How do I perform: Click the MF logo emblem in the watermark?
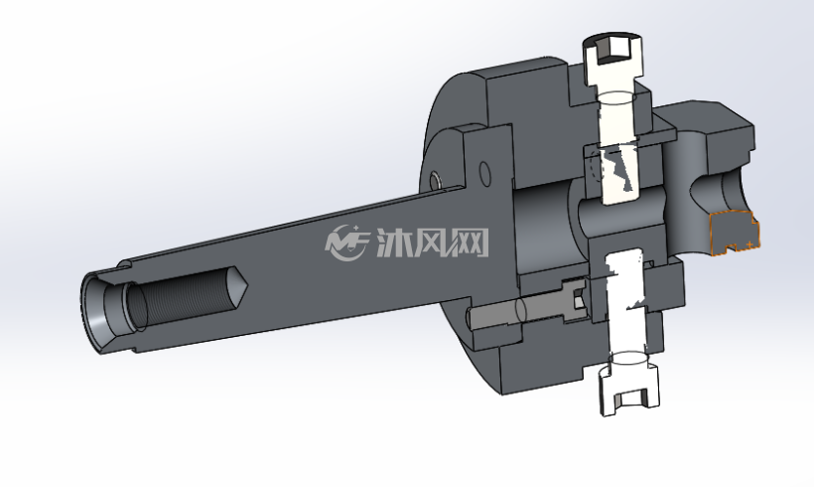pyautogui.click(x=346, y=243)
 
